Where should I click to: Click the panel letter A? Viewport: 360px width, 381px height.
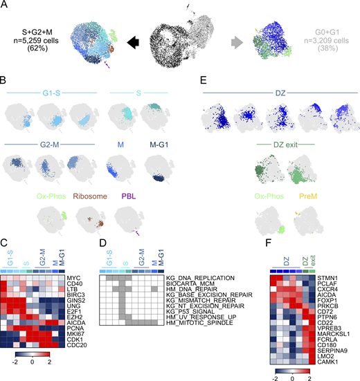pyautogui.click(x=5, y=6)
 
